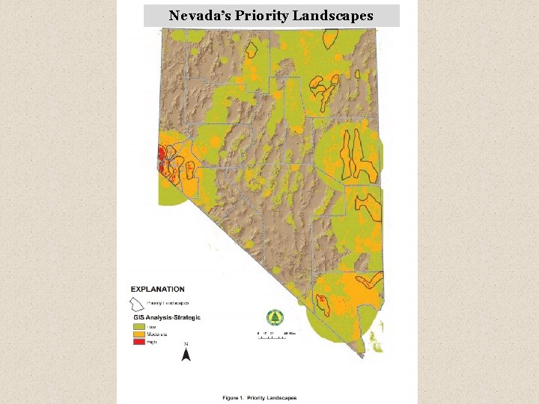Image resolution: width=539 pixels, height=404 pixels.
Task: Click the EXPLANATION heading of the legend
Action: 158,290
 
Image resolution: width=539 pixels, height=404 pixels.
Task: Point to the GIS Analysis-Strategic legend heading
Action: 165,318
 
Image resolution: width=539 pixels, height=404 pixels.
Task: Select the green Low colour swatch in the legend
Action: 138,327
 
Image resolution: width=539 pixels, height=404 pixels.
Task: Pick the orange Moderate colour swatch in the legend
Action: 138,334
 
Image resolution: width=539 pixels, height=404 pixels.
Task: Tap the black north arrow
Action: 186,355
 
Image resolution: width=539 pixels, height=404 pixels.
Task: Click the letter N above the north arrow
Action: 186,344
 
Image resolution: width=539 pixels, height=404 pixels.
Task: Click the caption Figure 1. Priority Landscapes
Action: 260,398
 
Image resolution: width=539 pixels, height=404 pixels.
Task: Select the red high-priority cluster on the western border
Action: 160,155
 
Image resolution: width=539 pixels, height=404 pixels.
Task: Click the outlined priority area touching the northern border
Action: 253,49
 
